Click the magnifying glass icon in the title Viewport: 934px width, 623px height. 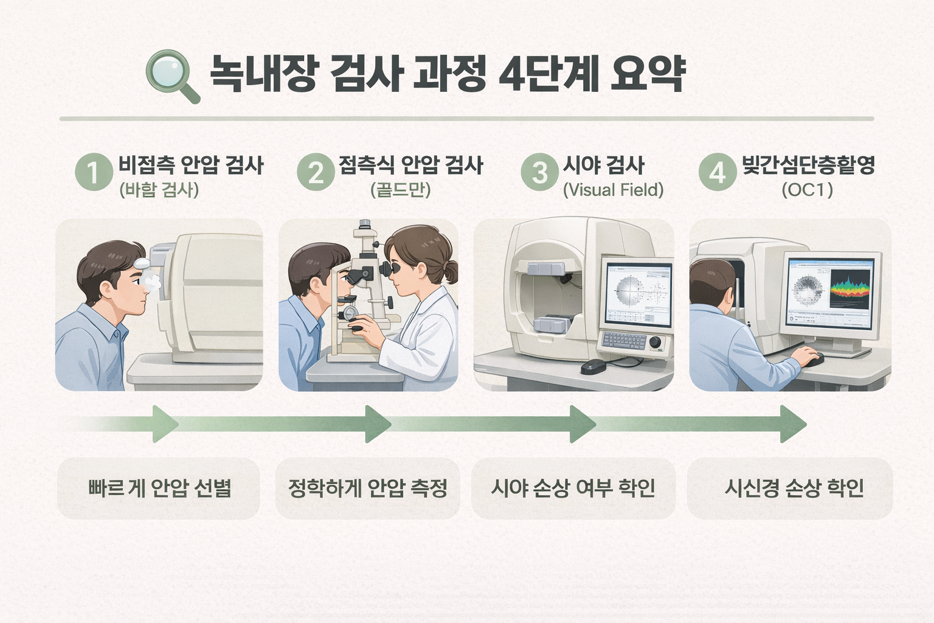tap(171, 74)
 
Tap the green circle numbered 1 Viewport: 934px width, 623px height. tap(94, 172)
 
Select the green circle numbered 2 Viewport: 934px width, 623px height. tap(316, 172)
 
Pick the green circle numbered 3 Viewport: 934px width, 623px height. tap(539, 172)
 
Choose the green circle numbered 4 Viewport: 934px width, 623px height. tap(718, 172)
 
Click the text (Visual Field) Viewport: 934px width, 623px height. tap(613, 190)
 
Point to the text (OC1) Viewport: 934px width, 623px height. tap(807, 190)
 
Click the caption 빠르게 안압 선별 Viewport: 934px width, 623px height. tap(159, 488)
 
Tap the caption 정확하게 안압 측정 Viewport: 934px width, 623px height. tap(368, 488)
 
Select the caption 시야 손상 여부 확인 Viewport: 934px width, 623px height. tap(573, 488)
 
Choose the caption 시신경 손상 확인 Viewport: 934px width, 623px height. tap(794, 488)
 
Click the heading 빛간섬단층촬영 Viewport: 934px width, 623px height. tap(808, 165)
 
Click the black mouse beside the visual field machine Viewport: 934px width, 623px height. tap(593, 366)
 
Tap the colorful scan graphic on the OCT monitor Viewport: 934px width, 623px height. tap(850, 285)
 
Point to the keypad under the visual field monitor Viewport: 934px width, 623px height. tap(624, 341)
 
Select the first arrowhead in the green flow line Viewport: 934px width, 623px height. tap(165, 424)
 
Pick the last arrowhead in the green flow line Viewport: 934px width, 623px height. tap(793, 424)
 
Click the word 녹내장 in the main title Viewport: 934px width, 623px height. tap(263, 74)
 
